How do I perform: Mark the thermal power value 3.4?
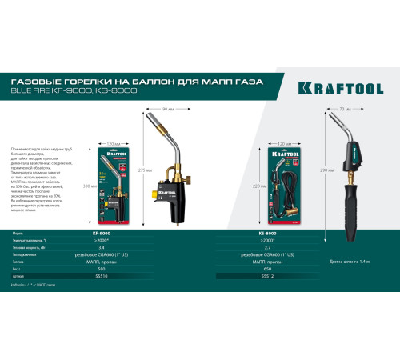101,247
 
